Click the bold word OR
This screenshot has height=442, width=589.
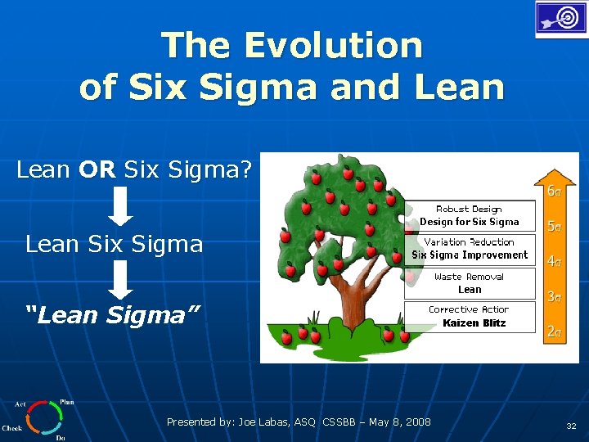click(x=99, y=169)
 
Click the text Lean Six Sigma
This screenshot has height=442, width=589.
click(x=114, y=244)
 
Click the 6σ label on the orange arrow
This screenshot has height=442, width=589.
click(x=554, y=192)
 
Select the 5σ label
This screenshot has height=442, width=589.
click(x=554, y=226)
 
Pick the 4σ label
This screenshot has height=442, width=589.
click(x=554, y=262)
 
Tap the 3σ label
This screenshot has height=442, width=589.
click(x=554, y=297)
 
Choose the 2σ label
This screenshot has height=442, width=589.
click(x=554, y=331)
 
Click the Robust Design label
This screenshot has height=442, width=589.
click(x=469, y=210)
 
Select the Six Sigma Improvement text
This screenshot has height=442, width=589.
click(x=470, y=255)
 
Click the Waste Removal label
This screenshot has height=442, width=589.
click(x=470, y=277)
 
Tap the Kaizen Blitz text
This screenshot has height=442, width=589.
click(x=474, y=323)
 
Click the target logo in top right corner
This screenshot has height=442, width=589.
click(x=560, y=18)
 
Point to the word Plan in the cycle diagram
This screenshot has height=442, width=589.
click(x=67, y=403)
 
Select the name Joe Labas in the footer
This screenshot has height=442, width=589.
click(x=262, y=422)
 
